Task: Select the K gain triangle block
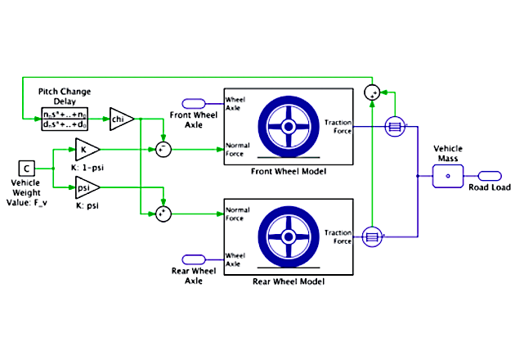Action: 86,149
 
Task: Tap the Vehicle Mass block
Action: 447,174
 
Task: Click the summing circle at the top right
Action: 372,92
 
